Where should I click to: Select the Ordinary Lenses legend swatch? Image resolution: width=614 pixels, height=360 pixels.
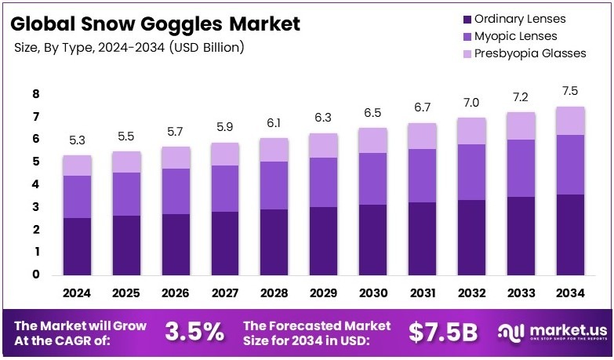[468, 20]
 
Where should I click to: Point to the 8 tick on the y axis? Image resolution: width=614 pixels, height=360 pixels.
[36, 94]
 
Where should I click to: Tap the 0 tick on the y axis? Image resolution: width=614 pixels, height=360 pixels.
[36, 275]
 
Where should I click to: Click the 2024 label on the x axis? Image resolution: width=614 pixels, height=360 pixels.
[77, 294]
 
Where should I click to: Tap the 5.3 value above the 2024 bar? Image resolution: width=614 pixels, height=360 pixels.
[77, 141]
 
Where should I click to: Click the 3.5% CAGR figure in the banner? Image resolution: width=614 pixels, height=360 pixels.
[194, 332]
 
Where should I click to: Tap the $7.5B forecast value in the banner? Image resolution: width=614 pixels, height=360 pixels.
[443, 332]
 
